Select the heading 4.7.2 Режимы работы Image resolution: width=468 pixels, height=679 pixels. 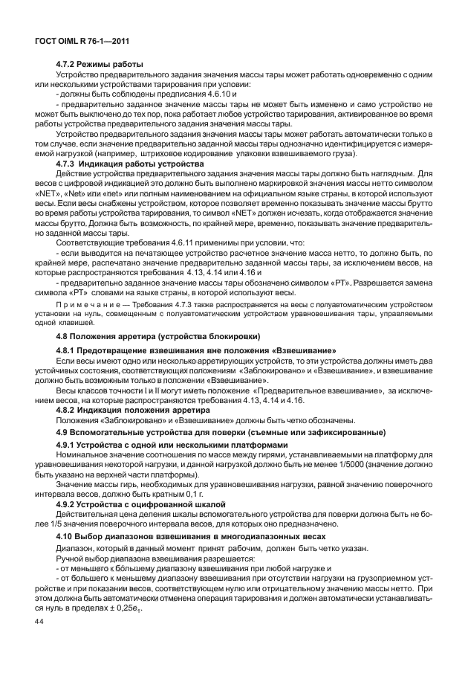click(x=100, y=65)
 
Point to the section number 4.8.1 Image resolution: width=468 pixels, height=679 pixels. click(x=68, y=350)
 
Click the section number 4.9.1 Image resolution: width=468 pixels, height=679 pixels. click(x=68, y=446)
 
